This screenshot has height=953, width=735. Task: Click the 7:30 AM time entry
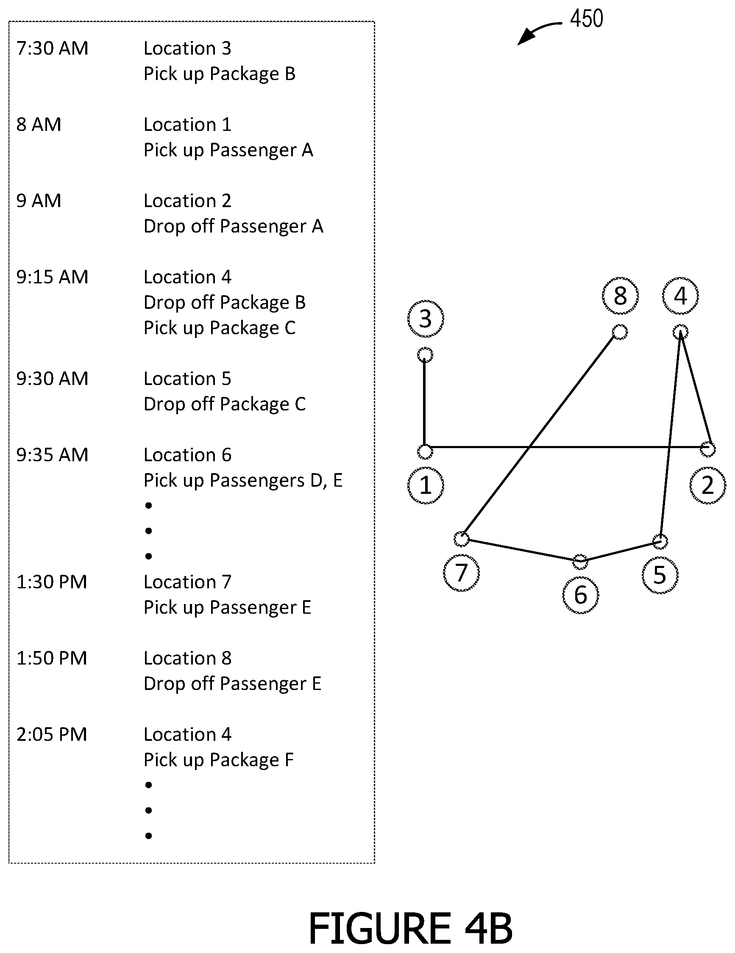coord(53,48)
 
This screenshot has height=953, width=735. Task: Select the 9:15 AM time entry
coord(53,277)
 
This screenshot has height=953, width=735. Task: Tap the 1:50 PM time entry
coord(52,658)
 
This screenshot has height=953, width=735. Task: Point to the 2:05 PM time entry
coord(52,734)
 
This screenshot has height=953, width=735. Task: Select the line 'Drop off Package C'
coord(225,404)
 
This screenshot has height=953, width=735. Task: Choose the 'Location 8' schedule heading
coord(187,658)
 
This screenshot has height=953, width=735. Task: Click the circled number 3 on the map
coord(426,319)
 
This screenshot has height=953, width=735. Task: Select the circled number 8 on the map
coord(620,296)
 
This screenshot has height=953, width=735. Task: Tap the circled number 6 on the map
coord(580,595)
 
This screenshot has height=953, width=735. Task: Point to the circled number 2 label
coord(707,485)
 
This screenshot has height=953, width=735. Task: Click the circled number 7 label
coord(461,573)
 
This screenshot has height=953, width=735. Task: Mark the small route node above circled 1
coord(425,452)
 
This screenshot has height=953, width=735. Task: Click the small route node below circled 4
coord(680,332)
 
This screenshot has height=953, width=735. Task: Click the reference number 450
coord(587,19)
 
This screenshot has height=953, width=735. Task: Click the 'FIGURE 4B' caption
coord(410,928)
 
